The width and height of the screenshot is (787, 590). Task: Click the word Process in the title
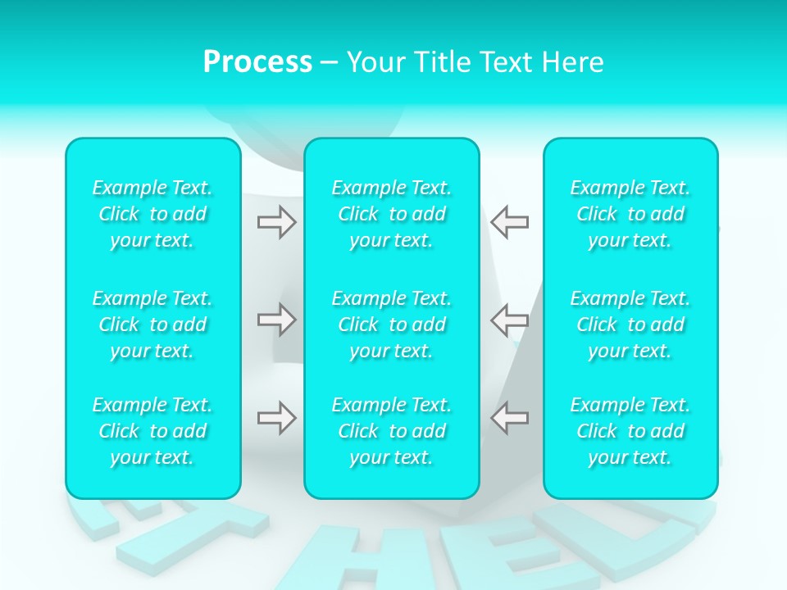tap(257, 62)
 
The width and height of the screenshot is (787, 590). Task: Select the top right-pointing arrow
tap(276, 222)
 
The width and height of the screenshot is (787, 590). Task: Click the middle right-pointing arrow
tap(276, 320)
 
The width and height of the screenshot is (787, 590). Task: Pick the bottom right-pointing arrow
tap(276, 418)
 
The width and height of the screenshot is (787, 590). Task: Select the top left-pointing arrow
tap(510, 222)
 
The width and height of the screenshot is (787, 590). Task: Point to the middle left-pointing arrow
tap(510, 320)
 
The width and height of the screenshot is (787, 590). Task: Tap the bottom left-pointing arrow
tap(510, 418)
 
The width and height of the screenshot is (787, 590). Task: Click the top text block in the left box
tap(152, 214)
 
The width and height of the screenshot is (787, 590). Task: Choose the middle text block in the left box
tap(152, 324)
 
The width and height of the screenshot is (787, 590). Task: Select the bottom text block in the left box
tap(152, 431)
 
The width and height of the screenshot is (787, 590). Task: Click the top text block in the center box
tap(392, 214)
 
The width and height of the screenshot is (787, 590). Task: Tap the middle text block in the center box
tap(392, 324)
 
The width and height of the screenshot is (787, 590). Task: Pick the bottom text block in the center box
tap(392, 431)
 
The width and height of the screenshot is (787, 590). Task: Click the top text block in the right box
tap(630, 214)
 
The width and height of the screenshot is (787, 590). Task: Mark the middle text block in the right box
tap(630, 324)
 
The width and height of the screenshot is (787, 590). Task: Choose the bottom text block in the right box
tap(630, 431)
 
